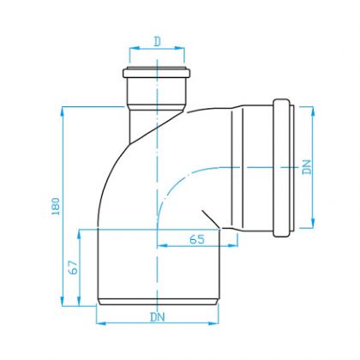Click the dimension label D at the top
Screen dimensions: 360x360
pos(157,42)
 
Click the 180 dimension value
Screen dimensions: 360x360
pos(56,207)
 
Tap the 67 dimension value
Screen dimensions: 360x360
pos(74,267)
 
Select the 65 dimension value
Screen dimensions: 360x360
pos(197,239)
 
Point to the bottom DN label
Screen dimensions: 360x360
pos(158,317)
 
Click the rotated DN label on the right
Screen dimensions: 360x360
pos(307,167)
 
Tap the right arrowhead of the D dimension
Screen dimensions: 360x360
pos(179,48)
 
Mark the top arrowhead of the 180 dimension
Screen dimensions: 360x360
pos(63,112)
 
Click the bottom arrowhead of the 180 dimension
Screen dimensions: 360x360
pos(63,301)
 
